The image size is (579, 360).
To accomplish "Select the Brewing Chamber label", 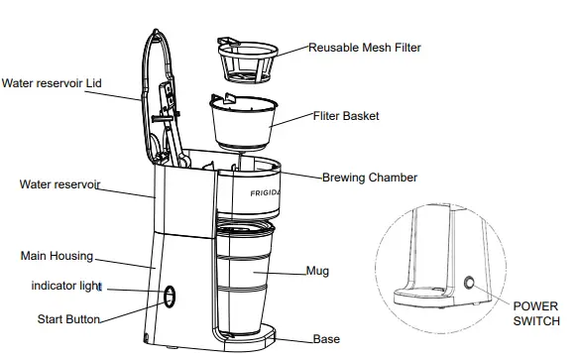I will click(x=370, y=179).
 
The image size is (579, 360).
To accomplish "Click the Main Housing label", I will click(x=57, y=256).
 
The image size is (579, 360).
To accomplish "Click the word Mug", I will click(x=318, y=270).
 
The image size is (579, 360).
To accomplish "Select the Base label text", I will click(x=326, y=339).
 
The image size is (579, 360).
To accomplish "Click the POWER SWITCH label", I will click(x=535, y=314).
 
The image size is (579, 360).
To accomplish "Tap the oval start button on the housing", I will click(x=169, y=297).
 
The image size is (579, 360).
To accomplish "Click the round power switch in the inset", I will click(x=467, y=284).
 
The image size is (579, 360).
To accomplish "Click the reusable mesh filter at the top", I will click(x=245, y=62).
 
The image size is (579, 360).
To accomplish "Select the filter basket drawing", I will click(x=240, y=123).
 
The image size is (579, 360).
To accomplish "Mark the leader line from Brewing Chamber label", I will click(x=297, y=179).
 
